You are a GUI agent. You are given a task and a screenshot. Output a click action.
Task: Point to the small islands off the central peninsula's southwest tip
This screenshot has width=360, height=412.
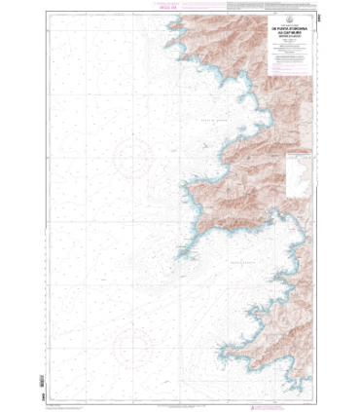tap(182, 254)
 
